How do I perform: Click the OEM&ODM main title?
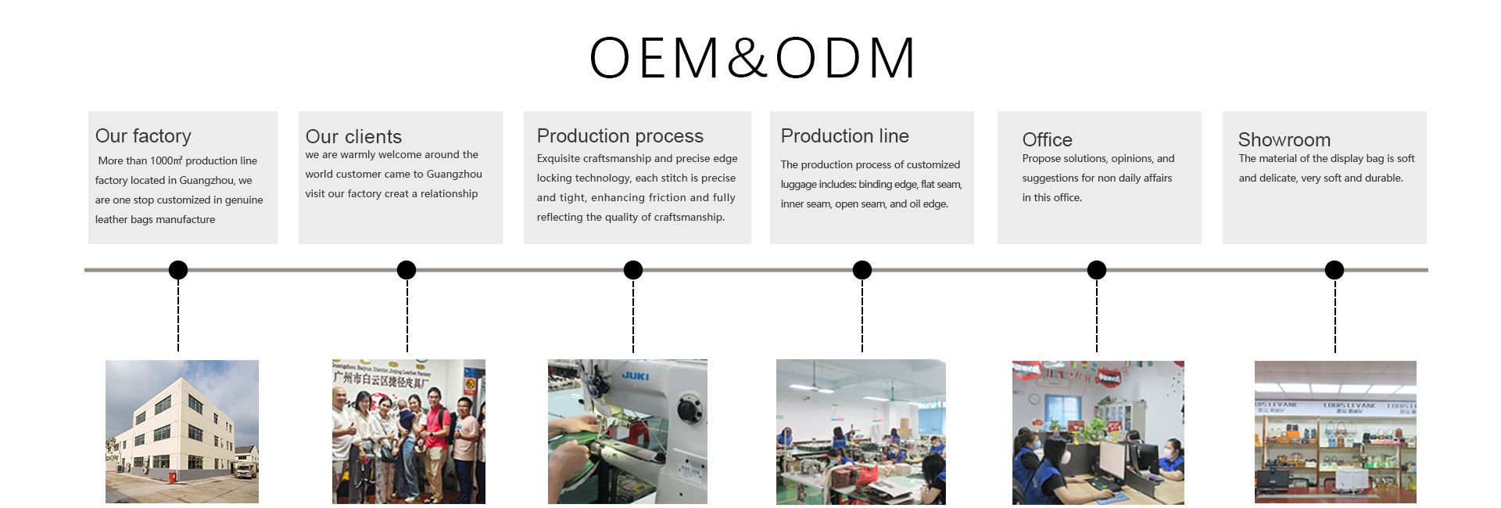(x=751, y=58)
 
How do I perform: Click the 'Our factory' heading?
(x=143, y=136)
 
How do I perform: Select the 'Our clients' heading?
(x=353, y=137)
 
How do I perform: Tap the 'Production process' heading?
(x=620, y=136)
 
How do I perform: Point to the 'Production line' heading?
(x=844, y=136)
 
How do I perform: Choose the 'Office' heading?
(x=1047, y=140)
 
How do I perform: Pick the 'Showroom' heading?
(x=1284, y=140)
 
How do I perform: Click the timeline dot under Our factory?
(x=178, y=270)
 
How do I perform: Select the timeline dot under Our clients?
(x=407, y=270)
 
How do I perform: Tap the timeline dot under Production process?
(x=633, y=270)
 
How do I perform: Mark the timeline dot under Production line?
(x=862, y=270)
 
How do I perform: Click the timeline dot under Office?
(x=1097, y=270)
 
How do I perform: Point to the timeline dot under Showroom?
(x=1334, y=270)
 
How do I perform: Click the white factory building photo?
(x=182, y=431)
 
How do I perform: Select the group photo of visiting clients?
(x=409, y=431)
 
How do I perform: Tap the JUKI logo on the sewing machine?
(x=635, y=376)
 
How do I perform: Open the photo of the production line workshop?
(x=861, y=431)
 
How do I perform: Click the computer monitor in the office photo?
(x=1111, y=460)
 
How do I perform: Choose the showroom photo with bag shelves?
(x=1335, y=431)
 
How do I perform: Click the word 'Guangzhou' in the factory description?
(x=206, y=181)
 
